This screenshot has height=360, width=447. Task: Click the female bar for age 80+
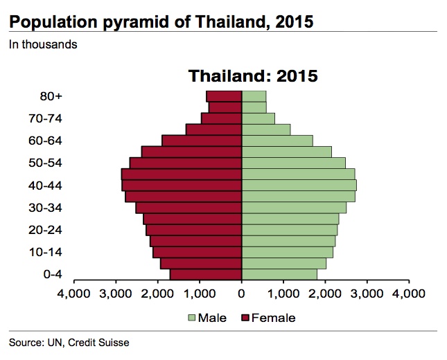coord(224,96)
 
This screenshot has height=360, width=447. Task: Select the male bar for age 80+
coord(254,96)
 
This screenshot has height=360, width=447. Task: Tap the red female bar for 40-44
coord(182,186)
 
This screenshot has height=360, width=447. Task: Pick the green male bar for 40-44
coord(299,186)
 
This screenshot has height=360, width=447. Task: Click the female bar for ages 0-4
coord(206,275)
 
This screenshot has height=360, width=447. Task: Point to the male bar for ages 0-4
coord(279,275)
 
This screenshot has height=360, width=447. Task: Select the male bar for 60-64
coord(277,141)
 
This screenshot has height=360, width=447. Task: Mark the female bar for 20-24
coord(194,230)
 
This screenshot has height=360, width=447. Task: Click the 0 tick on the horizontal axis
coord(242,294)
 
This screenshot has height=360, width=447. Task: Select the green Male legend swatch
coord(191,318)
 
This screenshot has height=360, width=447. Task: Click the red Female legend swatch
coord(245,318)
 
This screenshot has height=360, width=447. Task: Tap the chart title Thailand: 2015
coord(254,75)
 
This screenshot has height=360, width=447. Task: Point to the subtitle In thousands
coord(43,45)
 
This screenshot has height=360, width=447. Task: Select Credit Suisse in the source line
coord(103,342)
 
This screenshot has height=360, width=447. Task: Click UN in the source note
coord(55,342)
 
